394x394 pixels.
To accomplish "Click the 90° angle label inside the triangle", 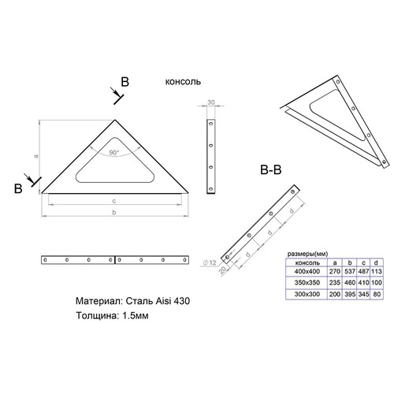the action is point(114,152).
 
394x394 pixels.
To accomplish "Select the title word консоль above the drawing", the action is point(183,82).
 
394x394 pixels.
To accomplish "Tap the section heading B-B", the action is point(271,169).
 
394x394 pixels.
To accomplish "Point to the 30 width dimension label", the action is point(211,102).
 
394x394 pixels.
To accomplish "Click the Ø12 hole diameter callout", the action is point(210,262).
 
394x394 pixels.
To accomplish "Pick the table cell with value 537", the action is point(350,271).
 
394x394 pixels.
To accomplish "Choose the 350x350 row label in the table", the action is point(307,283).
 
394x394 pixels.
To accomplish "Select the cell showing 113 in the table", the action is point(377,271).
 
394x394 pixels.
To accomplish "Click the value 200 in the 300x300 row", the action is point(335,294).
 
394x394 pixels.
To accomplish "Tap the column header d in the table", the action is point(376,262).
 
